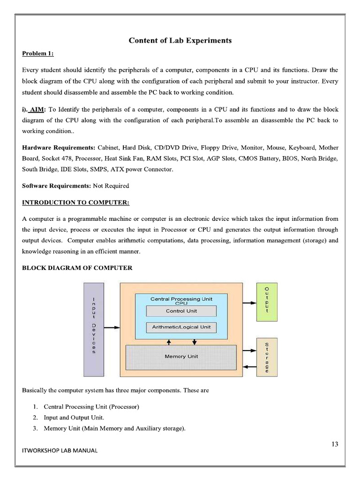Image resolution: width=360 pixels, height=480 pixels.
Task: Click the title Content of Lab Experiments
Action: [180, 40]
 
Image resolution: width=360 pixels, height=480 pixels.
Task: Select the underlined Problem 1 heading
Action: [38, 53]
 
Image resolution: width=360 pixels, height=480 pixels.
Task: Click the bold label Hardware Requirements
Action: [59, 147]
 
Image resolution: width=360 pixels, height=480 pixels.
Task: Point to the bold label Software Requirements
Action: [56, 186]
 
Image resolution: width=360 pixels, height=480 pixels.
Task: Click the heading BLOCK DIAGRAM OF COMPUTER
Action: [77, 268]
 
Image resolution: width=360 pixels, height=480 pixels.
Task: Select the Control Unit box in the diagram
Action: [181, 311]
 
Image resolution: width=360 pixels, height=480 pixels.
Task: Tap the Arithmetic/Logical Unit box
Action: [181, 327]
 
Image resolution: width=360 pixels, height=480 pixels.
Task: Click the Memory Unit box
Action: [181, 357]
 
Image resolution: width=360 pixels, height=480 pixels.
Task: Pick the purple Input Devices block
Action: [94, 330]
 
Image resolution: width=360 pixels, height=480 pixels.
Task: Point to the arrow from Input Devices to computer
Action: [112, 328]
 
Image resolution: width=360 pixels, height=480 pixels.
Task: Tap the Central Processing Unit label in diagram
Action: [181, 299]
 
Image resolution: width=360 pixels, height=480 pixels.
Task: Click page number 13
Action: [334, 444]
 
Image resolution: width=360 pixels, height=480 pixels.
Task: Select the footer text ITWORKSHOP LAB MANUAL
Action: [60, 451]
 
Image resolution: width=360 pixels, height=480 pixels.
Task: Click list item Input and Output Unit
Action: [74, 417]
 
